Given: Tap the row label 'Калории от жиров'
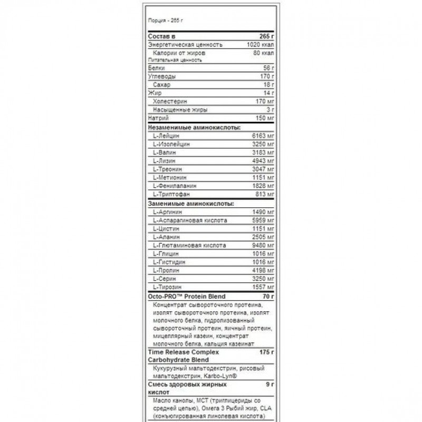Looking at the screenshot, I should (x=176, y=53).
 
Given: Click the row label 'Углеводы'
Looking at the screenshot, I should (x=160, y=76).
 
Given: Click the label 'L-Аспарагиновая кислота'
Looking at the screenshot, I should (x=189, y=220).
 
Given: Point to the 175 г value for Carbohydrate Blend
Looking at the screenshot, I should (x=267, y=351).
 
